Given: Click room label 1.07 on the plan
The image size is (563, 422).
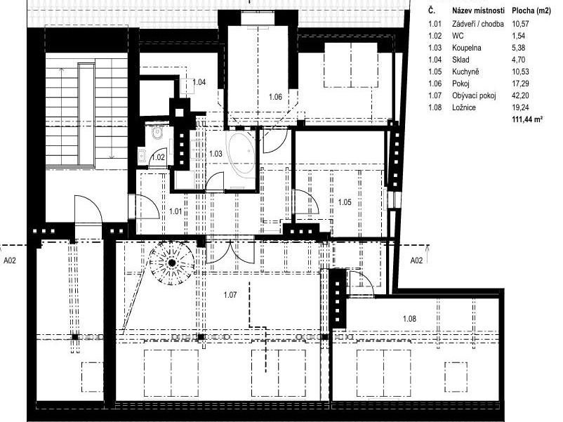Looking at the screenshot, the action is coord(230,295).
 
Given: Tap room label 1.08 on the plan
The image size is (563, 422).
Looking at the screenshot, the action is coord(409,319).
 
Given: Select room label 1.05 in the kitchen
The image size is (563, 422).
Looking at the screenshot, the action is coord(345,202).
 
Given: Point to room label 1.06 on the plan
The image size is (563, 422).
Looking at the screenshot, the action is coord(275,97).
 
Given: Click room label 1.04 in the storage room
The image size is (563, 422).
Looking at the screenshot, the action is coord(199,82).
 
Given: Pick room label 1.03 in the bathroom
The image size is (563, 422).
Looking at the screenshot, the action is coord(216,154).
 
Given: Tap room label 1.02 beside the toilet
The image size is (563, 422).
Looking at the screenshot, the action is coord(159,157).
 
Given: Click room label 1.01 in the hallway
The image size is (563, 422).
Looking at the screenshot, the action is coord(175,211).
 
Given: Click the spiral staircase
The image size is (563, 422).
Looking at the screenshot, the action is coord(172,263).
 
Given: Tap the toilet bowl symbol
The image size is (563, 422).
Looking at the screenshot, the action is coord(157,133).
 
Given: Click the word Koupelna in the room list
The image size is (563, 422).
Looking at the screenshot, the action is coord(467,48).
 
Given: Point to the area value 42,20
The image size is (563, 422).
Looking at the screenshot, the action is coord(520,95).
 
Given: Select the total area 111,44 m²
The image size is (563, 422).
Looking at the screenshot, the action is coord(527,119).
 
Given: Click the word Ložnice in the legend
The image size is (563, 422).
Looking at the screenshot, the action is coord(464,107).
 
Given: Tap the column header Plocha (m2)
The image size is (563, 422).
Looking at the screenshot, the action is coord(531,11).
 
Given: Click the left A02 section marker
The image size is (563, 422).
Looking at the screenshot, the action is coord(10,261).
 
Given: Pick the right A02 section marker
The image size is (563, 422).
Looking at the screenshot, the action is coord(416,261).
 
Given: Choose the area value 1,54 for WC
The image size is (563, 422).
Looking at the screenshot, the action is coord(519,36).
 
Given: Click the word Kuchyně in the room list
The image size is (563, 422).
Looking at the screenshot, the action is coord(465,72).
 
